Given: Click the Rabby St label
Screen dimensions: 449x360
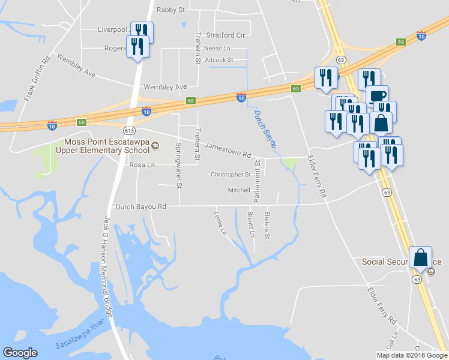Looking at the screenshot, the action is (170, 10).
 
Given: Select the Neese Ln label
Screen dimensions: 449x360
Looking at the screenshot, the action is (217, 48).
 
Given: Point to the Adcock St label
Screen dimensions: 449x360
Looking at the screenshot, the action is (218, 60).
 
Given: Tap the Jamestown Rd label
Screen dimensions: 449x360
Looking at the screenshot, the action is (228, 150).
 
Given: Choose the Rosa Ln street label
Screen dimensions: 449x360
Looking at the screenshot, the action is (142, 165).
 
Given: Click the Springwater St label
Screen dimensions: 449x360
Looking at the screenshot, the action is (178, 165).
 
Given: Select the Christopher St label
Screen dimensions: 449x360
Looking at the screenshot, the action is (231, 175).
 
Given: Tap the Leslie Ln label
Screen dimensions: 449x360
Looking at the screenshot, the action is (221, 223).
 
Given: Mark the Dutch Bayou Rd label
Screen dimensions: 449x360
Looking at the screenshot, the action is (140, 206).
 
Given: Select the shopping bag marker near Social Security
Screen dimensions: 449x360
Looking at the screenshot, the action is (421, 257).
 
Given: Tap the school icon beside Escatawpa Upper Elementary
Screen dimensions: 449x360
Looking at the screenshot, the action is (155, 146).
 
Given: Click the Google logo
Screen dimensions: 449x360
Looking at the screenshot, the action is (20, 353).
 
